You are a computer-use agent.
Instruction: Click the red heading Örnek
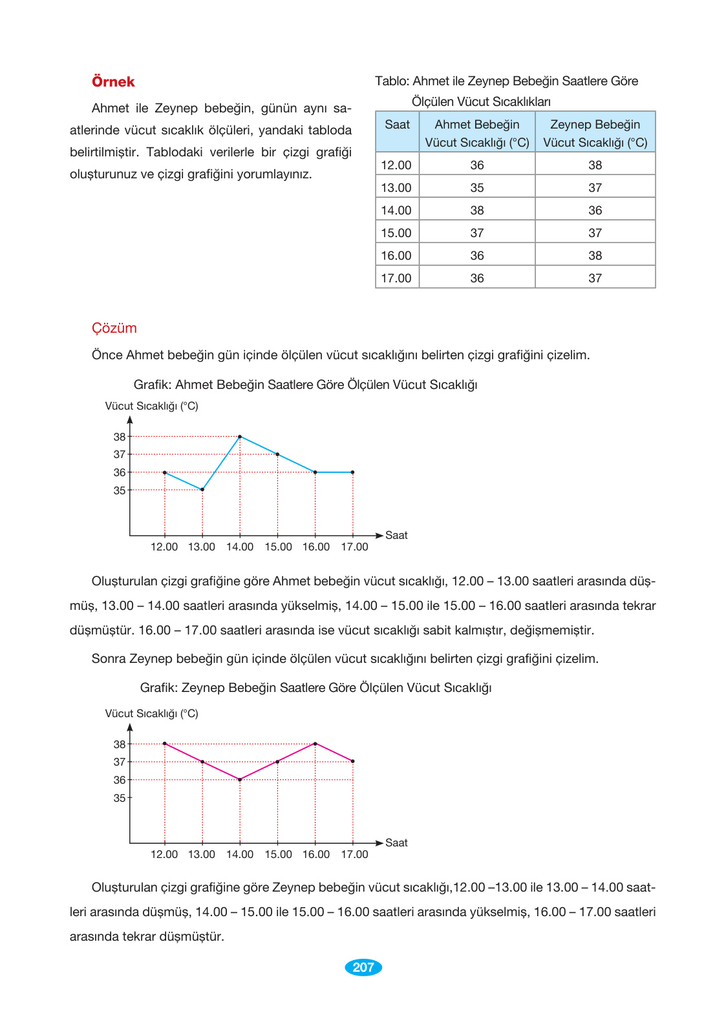(113, 82)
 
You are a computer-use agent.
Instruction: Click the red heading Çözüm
(114, 328)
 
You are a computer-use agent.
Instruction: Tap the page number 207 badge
(363, 967)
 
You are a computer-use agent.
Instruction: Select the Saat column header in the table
(397, 125)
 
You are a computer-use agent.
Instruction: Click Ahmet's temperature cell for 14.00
(477, 211)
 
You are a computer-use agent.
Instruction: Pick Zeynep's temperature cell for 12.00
(595, 165)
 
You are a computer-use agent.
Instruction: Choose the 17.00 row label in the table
(396, 278)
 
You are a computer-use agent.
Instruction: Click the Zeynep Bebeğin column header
(595, 133)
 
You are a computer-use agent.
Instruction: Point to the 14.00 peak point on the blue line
(240, 437)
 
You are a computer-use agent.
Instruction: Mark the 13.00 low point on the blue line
(202, 490)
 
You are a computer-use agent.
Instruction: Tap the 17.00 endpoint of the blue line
(353, 472)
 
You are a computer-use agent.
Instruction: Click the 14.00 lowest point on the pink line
(240, 780)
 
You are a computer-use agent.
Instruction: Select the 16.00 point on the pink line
(315, 744)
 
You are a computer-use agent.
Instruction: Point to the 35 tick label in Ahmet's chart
(120, 491)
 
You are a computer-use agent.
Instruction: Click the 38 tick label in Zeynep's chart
(120, 744)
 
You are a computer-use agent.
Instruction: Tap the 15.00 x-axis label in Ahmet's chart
(278, 547)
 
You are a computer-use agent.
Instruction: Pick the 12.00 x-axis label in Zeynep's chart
(164, 855)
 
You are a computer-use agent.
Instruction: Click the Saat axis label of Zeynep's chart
(396, 843)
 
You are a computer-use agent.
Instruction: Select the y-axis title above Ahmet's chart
(152, 406)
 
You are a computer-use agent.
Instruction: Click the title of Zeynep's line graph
(315, 688)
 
